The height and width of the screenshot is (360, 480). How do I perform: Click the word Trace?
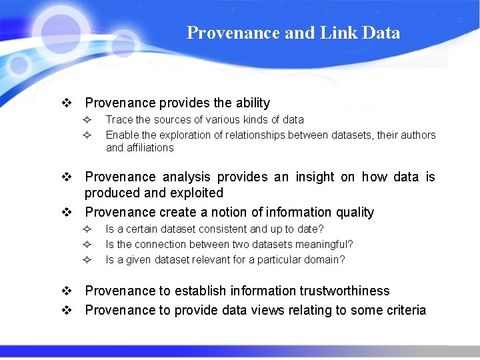tap(119, 120)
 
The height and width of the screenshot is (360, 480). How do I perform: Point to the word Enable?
tap(122, 135)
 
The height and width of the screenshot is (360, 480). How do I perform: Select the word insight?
tap(313, 177)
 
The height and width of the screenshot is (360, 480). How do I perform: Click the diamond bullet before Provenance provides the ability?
tap(67, 103)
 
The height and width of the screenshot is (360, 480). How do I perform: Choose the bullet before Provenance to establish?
tap(67, 291)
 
